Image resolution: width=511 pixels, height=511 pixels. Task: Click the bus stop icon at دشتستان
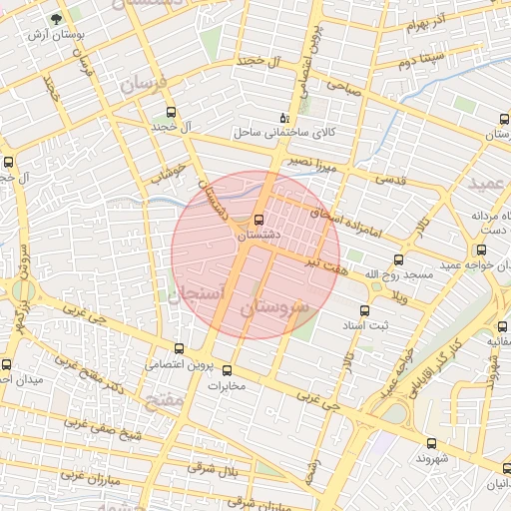(x=259, y=220)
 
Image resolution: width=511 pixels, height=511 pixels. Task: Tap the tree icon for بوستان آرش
(x=56, y=20)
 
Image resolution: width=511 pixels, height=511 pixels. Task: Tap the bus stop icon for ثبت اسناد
(x=364, y=310)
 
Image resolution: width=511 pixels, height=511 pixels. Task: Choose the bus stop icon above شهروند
(x=431, y=443)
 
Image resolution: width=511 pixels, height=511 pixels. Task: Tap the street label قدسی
(x=389, y=181)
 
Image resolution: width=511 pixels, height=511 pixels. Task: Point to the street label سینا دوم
(x=419, y=62)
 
